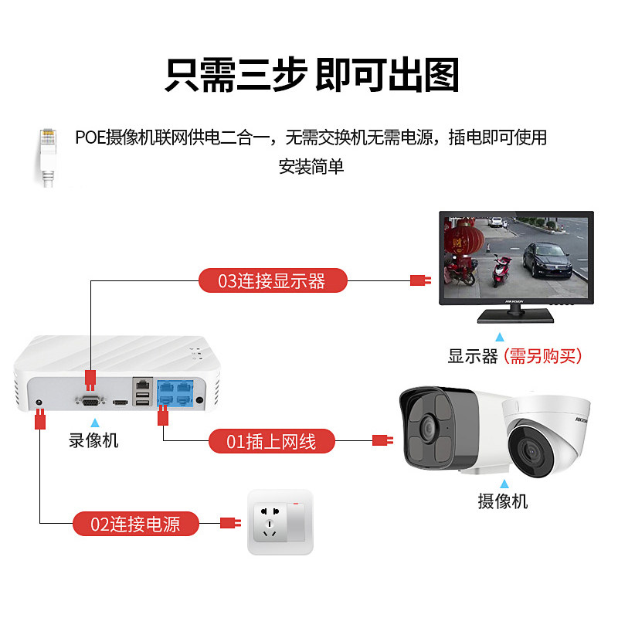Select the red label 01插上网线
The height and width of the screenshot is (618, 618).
(x=273, y=442)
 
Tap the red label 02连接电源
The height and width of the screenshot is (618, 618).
(x=136, y=524)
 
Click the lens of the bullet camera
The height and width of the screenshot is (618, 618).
(x=426, y=426)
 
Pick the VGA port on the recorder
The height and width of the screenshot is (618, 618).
(x=90, y=400)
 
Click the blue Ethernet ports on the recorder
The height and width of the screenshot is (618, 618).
(x=175, y=392)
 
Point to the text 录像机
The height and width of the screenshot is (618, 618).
(x=94, y=441)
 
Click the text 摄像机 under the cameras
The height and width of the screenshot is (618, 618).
(x=502, y=501)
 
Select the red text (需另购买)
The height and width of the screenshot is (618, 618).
(x=542, y=356)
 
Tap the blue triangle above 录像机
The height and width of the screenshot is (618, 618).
(x=94, y=423)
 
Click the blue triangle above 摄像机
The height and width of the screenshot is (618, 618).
(x=502, y=483)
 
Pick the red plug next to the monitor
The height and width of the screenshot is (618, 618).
(x=419, y=280)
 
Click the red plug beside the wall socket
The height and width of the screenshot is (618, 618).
(x=229, y=523)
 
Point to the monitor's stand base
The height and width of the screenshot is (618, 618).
(x=514, y=314)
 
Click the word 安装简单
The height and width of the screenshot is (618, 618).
(x=311, y=166)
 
